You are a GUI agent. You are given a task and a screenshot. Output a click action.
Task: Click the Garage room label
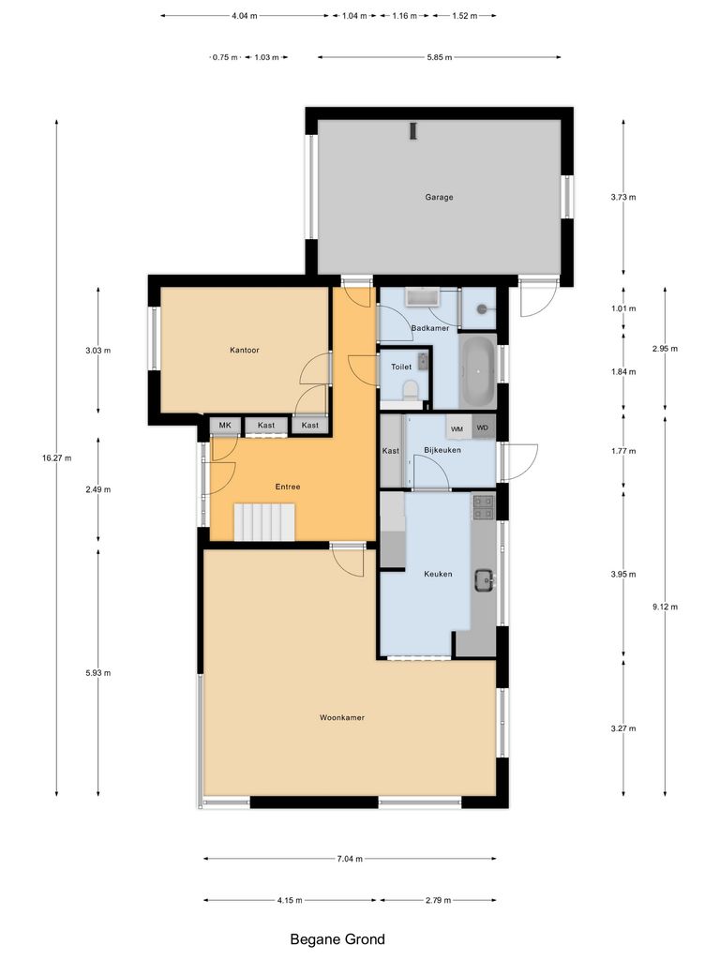pos(439,198)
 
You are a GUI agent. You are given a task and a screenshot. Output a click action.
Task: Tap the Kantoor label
pos(244,350)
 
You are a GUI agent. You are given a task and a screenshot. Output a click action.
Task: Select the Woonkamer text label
pos(341,717)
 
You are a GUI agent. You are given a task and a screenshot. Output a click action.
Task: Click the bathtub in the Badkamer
pos(478,368)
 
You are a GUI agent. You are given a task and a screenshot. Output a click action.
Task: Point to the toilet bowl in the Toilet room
pos(409,389)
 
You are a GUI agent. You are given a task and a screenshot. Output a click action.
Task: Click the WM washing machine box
pos(457,428)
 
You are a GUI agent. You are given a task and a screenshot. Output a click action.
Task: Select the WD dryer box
pos(483,428)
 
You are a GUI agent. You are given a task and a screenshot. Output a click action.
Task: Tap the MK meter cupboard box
pos(225,426)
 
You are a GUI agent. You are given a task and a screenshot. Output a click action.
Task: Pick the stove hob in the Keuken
pos(483,507)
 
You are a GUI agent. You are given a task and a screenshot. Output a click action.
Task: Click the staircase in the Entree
pos(264,522)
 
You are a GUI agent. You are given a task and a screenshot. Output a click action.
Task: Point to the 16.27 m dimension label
pos(56,457)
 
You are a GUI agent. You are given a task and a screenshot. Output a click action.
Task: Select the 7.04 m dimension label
pos(350,858)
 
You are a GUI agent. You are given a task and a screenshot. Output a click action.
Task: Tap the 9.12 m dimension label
pos(665,607)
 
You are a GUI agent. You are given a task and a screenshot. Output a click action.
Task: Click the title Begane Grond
pos(337,938)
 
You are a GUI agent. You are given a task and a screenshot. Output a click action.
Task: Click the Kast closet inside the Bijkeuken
pos(391,451)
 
